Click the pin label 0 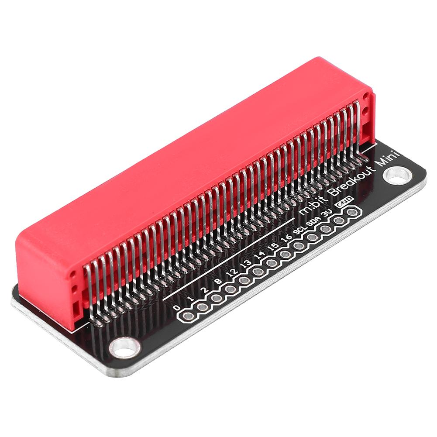[x=176, y=308]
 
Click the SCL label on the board [x=299, y=230]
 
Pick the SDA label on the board [x=312, y=222]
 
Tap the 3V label [x=325, y=213]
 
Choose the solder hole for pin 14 [x=272, y=263]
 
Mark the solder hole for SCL [x=299, y=246]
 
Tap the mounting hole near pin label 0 [x=124, y=348]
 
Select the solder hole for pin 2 [x=216, y=299]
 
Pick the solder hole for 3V [x=338, y=221]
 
